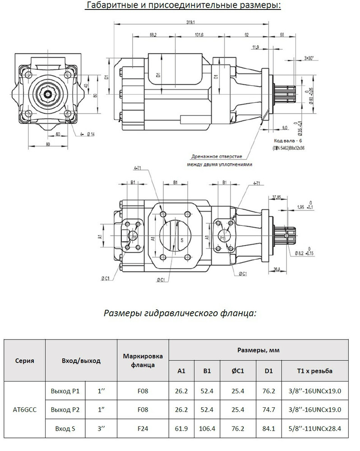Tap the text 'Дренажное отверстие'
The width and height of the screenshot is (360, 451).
[x=216, y=156]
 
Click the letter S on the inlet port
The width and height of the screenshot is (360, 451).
[x=181, y=240]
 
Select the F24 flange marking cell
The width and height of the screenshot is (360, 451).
[x=143, y=428]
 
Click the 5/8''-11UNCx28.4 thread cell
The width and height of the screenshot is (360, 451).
[x=316, y=428]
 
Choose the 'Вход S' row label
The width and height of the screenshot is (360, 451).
[x=64, y=428]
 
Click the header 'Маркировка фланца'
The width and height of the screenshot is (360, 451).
[x=143, y=360]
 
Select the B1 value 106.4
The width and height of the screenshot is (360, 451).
[x=207, y=428]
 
